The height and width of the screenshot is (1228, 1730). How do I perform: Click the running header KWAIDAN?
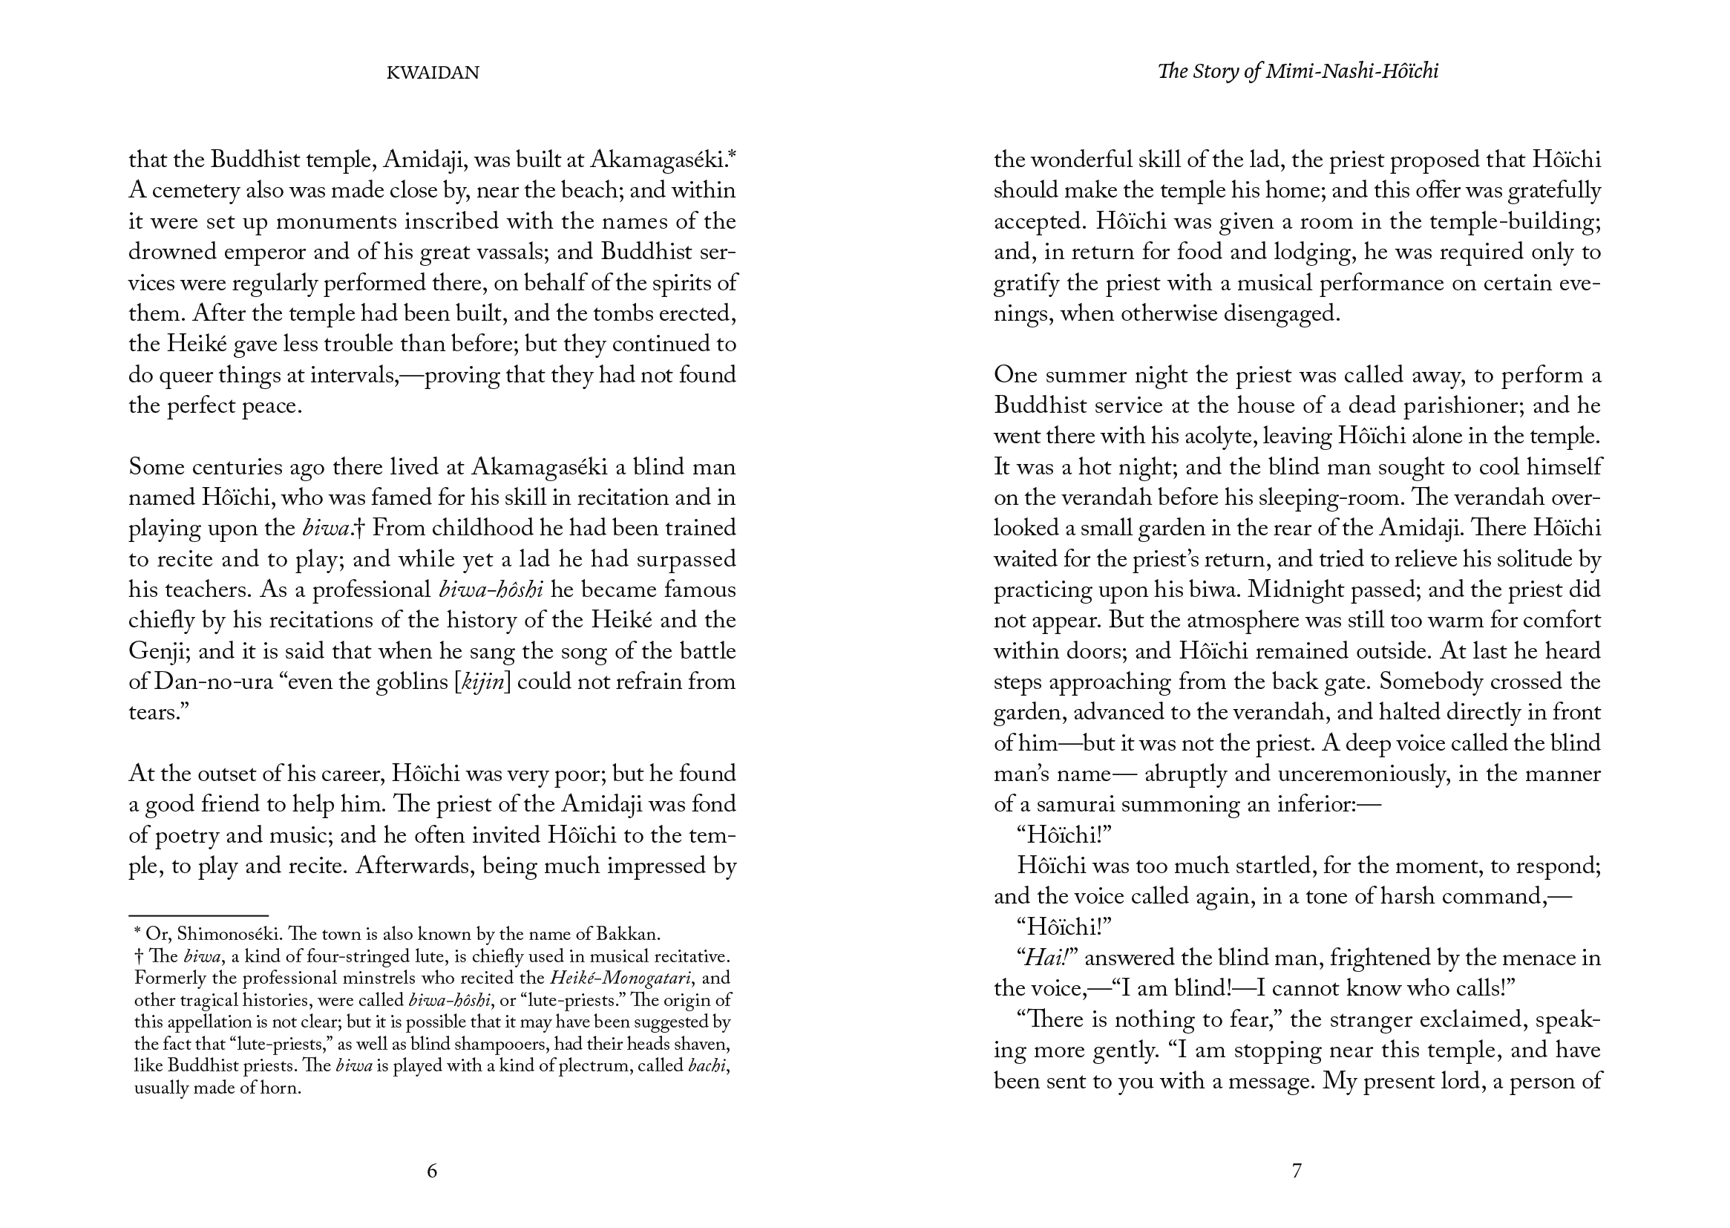(432, 74)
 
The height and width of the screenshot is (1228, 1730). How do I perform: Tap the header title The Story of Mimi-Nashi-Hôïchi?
(1297, 72)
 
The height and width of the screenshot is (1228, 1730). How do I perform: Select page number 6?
(431, 1172)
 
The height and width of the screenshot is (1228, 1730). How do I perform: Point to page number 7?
(1296, 1172)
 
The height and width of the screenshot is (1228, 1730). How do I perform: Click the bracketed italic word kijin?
(482, 683)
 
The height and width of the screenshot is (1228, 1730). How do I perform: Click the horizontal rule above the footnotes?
(198, 915)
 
